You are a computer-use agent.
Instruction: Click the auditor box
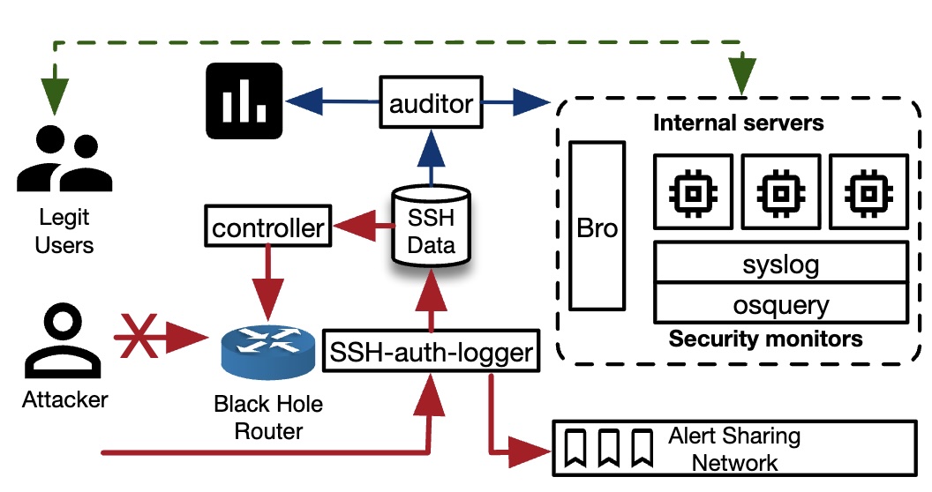(x=432, y=103)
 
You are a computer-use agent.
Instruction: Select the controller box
(x=268, y=228)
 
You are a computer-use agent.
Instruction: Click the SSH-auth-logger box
(x=431, y=353)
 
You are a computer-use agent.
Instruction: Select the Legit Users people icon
(x=64, y=161)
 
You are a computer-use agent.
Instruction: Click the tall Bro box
(x=598, y=227)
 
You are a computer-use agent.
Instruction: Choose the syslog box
(x=780, y=263)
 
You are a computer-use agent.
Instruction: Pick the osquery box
(x=780, y=304)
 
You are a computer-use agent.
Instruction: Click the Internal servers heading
(x=738, y=122)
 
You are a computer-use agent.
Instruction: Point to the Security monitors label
(x=765, y=339)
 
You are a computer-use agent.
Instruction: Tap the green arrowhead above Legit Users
(x=56, y=91)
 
